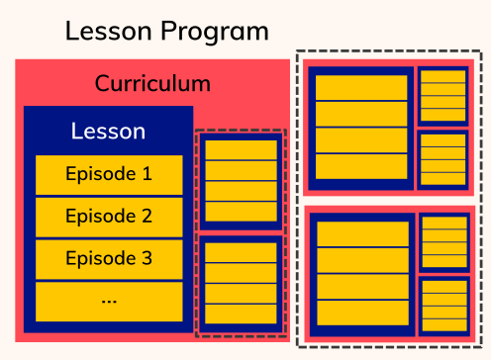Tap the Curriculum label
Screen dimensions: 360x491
point(152,83)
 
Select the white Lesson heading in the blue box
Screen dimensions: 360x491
point(109,131)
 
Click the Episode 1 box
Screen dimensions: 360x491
point(109,174)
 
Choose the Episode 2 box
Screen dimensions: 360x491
point(109,216)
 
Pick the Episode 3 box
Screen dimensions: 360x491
point(109,258)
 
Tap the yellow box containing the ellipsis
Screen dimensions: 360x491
point(109,301)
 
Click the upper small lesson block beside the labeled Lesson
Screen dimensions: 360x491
point(241,181)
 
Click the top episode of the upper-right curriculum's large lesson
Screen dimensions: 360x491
point(360,87)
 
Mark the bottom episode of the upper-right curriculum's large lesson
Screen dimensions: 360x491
point(360,165)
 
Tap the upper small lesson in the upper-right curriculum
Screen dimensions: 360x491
point(442,95)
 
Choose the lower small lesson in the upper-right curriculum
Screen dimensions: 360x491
point(442,159)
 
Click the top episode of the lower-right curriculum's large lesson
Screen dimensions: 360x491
point(361,233)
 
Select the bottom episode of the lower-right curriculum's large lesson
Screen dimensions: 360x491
point(361,312)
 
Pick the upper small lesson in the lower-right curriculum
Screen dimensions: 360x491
point(444,242)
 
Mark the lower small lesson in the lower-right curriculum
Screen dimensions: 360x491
point(444,306)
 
